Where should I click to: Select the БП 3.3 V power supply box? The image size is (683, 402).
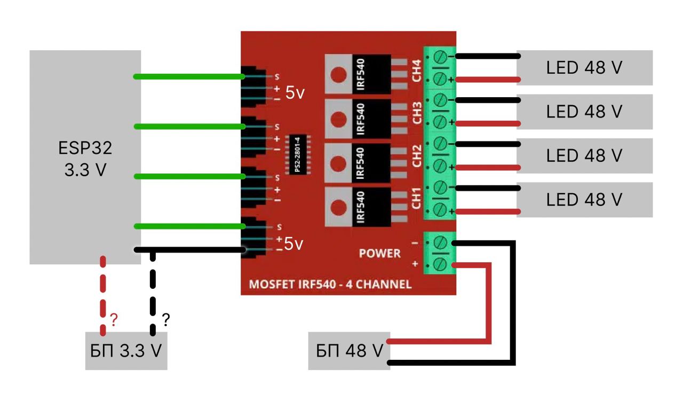pos(126,351)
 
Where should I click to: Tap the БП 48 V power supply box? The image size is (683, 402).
pos(349,351)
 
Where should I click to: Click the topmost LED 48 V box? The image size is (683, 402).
pos(584,68)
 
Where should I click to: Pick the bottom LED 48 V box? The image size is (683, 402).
pos(584,200)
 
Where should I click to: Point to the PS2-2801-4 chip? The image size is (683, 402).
pos(298,155)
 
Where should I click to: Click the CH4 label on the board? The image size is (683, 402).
pos(417,70)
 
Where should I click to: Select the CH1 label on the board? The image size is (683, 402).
pos(417,198)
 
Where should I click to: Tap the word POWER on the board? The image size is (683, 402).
pos(379,253)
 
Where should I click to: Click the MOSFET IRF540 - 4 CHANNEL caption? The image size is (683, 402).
pos(330,285)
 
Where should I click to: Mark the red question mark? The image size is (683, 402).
pos(113,320)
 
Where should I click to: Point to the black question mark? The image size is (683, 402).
pos(165,320)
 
